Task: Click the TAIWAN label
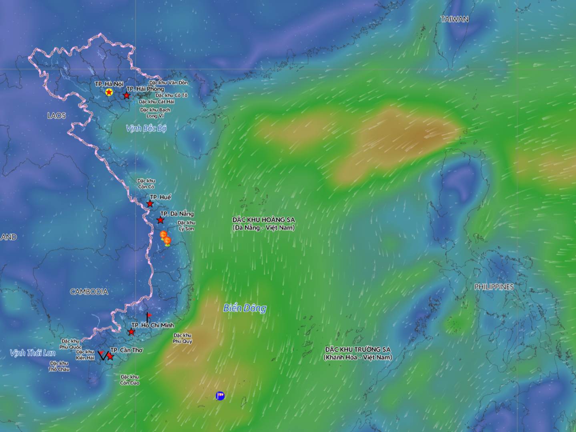click(455, 19)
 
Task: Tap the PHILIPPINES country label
click(494, 287)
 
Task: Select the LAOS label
click(56, 116)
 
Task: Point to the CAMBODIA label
click(89, 292)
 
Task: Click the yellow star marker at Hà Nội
click(109, 92)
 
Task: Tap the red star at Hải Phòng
click(126, 96)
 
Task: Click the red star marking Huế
click(150, 204)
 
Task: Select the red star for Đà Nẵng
click(161, 220)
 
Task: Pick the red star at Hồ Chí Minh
click(131, 332)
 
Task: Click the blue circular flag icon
click(220, 396)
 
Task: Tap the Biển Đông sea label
click(245, 308)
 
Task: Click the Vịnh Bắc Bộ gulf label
click(146, 128)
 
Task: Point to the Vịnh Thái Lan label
click(33, 353)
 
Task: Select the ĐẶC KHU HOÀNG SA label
click(263, 224)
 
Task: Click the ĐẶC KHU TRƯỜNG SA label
click(357, 353)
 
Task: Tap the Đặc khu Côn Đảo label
click(130, 380)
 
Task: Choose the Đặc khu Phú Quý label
click(183, 338)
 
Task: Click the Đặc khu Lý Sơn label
click(187, 226)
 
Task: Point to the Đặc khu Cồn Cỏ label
click(146, 184)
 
